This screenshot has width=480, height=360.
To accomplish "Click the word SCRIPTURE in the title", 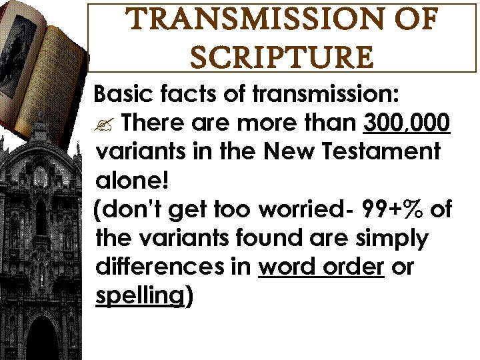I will coord(281,57).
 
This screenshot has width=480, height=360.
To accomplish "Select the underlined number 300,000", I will coord(407,123).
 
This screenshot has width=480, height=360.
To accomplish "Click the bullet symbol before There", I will coord(105,124).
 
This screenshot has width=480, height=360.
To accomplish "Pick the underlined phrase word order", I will coord(321,267).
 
